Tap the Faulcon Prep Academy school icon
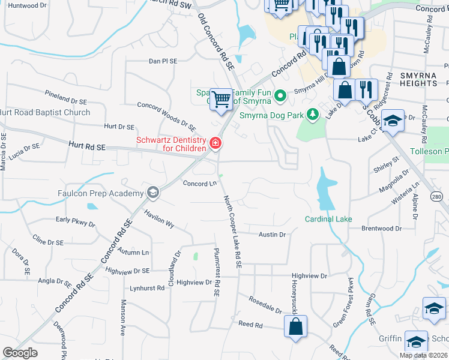pos(153,193)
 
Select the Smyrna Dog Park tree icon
pos(312,114)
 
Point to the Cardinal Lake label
pos(328,219)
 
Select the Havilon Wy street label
pos(159,219)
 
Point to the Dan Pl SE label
pos(163,61)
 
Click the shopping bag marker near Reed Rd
pos(295,327)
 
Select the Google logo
pos(20,353)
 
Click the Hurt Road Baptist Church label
pos(46,112)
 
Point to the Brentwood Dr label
pos(381,229)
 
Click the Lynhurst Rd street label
pos(147,288)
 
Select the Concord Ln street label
pos(199,184)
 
